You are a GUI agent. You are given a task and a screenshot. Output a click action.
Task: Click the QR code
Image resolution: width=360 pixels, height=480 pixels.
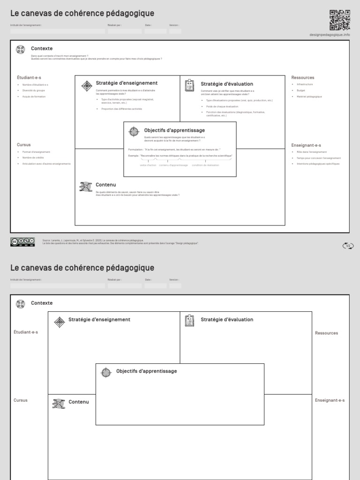[339, 20]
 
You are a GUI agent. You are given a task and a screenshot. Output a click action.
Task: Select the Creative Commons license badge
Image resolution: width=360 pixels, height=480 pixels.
[22, 242]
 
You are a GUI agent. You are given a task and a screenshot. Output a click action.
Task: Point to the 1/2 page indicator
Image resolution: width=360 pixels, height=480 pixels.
[347, 246]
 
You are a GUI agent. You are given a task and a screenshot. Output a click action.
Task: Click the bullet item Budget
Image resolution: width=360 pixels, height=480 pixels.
[300, 90]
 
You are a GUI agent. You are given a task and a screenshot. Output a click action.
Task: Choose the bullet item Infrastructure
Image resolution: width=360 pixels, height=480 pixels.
[304, 84]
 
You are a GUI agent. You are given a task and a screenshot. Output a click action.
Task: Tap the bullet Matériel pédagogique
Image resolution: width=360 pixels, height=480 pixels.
[309, 97]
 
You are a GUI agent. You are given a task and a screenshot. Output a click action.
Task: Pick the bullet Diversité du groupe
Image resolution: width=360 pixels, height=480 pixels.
[34, 90]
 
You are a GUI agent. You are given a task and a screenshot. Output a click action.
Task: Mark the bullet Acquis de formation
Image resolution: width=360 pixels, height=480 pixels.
[34, 97]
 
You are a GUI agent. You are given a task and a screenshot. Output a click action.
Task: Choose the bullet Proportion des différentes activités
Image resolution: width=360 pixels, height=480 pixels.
[121, 109]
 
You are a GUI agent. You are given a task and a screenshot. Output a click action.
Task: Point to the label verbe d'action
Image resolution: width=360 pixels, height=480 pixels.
[148, 165]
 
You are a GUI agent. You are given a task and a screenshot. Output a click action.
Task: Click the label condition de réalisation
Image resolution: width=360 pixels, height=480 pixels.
[205, 165]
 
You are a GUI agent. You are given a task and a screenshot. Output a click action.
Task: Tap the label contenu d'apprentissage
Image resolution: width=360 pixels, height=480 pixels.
[173, 165]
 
